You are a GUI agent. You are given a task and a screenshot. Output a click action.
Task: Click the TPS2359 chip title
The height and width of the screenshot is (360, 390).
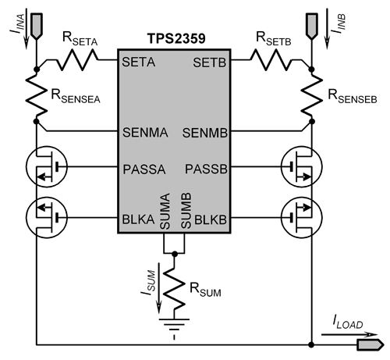[176, 38]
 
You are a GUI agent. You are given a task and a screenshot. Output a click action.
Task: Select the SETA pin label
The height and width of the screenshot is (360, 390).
[139, 62]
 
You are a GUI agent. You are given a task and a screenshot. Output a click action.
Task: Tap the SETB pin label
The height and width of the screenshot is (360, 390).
[210, 62]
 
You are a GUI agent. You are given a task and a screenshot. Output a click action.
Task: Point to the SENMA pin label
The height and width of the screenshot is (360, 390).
[145, 133]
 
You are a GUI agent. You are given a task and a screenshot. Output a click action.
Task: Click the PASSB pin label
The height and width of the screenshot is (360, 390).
[206, 169]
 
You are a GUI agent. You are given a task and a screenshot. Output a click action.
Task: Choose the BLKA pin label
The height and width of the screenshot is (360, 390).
[138, 219]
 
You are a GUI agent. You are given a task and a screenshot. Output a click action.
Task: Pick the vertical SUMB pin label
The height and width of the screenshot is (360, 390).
[186, 211]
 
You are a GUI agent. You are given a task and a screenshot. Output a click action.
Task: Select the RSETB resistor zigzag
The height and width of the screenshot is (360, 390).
[271, 60]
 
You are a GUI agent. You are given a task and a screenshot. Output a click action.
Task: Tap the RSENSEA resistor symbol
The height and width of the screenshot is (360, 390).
[37, 95]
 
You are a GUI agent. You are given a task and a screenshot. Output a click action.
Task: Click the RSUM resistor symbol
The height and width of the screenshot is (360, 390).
[174, 287]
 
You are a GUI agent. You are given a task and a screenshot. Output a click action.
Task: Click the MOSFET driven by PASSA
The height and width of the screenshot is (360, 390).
[47, 167]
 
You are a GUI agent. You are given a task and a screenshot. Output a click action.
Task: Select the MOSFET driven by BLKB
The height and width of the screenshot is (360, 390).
[302, 217]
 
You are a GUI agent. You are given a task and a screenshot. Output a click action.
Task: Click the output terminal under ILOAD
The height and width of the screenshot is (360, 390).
[370, 345]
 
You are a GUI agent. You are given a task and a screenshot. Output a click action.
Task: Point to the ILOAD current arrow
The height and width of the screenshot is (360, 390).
[349, 335]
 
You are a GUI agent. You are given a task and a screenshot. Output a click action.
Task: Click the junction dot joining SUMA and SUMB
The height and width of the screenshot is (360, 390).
[175, 254]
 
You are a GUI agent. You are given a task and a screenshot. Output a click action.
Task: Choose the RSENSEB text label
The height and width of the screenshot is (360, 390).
[353, 96]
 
